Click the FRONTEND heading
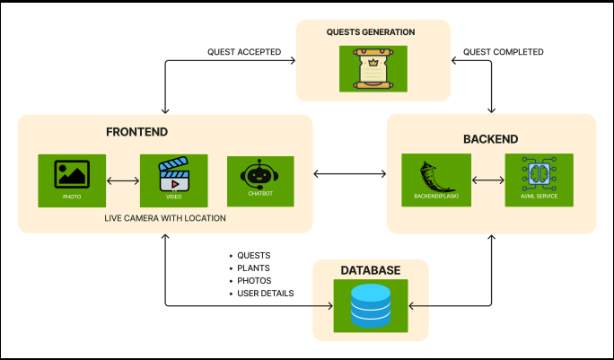[137, 132]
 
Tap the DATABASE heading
[370, 269]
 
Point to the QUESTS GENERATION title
[371, 32]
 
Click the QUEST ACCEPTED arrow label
[244, 52]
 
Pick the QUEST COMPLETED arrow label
[504, 52]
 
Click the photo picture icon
[72, 174]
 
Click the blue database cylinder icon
[370, 306]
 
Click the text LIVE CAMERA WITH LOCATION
[163, 218]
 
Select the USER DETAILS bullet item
[265, 294]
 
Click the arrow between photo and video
[123, 181]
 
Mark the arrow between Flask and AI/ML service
[487, 181]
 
